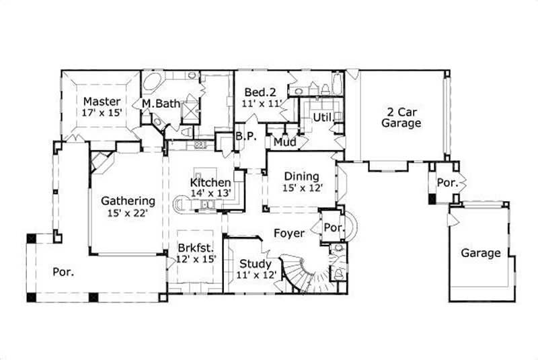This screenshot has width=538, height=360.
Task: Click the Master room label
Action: coord(102,102)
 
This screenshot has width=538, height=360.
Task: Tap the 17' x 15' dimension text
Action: coord(102,113)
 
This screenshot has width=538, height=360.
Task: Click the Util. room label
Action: coord(323,118)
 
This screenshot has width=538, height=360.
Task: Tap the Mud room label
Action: coord(281,142)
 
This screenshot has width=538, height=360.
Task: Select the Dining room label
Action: coord(300,176)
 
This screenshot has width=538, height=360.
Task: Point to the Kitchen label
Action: coord(210,182)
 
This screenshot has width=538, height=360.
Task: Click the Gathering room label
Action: coord(128,201)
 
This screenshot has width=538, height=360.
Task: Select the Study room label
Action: coord(256,263)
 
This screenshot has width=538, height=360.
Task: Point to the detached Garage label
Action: coord(481,254)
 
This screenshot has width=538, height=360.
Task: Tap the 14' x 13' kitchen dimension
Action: coord(210,193)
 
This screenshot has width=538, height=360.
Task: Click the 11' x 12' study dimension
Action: coord(256,275)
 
